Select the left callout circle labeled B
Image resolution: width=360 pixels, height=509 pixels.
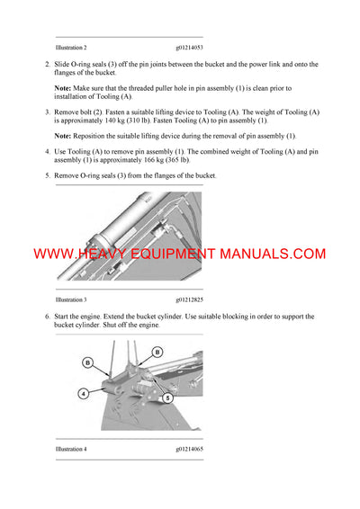click(87, 361)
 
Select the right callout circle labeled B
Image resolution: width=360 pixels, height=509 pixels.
click(157, 352)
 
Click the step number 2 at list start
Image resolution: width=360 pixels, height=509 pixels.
click(47, 66)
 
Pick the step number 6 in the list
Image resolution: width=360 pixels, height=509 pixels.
click(47, 317)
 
